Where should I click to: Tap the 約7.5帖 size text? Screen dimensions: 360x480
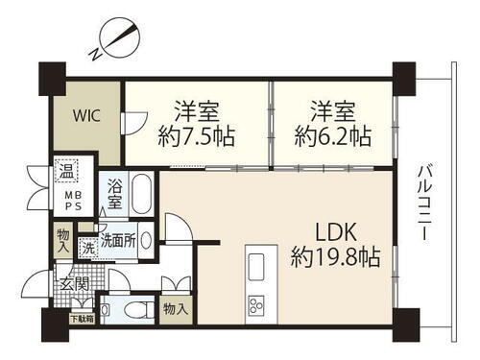(198, 136)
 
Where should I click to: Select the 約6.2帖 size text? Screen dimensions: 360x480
(332, 136)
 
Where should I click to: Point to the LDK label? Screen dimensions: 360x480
(326, 232)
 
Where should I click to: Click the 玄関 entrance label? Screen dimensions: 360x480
(75, 284)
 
